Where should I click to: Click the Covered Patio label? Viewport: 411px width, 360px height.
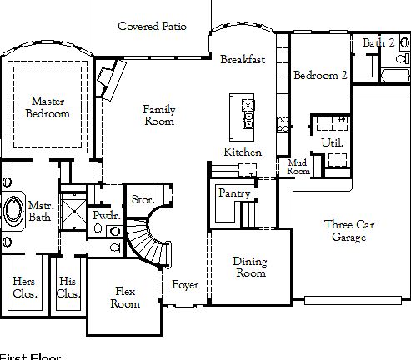click(151, 27)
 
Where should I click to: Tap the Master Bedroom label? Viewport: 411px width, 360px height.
click(48, 107)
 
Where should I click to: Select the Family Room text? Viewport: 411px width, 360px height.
click(158, 116)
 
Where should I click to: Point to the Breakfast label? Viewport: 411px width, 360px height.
click(243, 60)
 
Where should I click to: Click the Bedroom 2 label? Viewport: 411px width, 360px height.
click(320, 75)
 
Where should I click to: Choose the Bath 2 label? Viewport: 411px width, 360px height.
click(378, 42)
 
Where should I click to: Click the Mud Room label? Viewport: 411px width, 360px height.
click(298, 167)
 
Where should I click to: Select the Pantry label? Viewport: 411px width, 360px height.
click(234, 193)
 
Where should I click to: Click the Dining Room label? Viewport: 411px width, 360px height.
click(250, 267)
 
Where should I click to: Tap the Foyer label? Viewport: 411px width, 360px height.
click(185, 285)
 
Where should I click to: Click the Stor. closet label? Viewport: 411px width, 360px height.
click(143, 200)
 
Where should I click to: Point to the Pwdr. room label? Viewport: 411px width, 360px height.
click(107, 215)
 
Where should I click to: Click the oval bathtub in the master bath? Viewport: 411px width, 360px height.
click(13, 210)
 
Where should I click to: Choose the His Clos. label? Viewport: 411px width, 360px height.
click(67, 287)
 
